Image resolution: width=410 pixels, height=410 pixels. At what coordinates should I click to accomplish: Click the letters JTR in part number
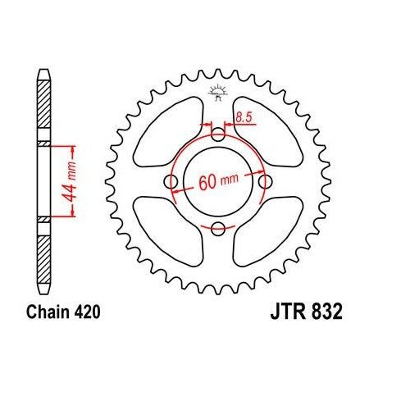tap(287, 312)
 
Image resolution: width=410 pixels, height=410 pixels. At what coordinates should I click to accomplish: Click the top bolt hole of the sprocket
tap(217, 135)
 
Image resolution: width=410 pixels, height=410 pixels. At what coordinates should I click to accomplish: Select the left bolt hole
tap(171, 181)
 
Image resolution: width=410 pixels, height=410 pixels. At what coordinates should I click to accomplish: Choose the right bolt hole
tap(264, 181)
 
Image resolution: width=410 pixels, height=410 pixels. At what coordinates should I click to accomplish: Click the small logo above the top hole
tap(218, 92)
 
